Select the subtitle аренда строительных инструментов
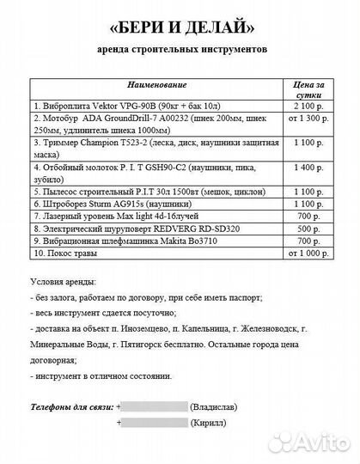(x=181, y=50)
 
